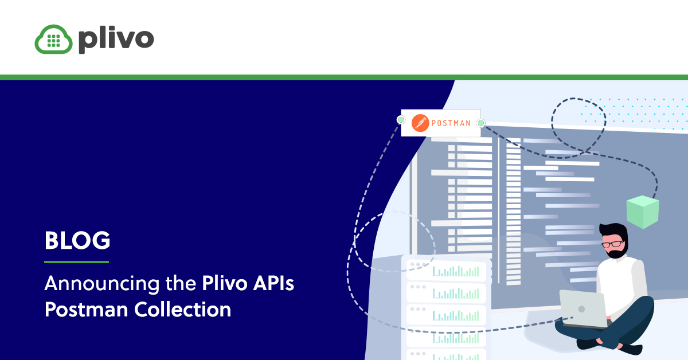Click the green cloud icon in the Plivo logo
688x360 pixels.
53,40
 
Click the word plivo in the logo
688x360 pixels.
116,39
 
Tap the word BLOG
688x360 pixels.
77,241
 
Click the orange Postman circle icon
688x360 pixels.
420,123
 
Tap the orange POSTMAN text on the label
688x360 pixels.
451,123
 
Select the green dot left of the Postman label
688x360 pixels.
401,120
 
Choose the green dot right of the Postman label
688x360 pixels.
480,123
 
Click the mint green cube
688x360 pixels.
643,212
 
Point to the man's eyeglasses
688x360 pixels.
613,244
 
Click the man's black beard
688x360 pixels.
617,252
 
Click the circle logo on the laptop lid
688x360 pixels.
581,308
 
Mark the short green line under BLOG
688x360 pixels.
77,262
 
